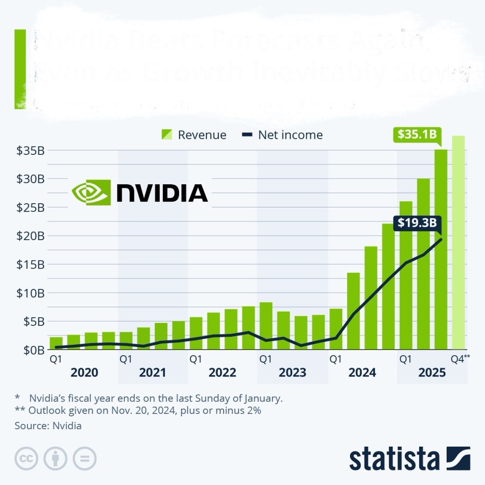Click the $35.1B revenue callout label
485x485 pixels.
(415, 135)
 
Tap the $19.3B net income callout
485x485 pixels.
(416, 222)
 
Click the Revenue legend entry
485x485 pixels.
(194, 135)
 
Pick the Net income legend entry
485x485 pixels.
(282, 135)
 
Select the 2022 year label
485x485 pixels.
(222, 373)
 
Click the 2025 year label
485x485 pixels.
(432, 373)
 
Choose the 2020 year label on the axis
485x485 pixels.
(84, 373)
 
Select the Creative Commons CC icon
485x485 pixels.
(27, 458)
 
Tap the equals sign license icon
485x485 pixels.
(84, 458)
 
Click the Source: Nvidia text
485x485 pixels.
(48, 426)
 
